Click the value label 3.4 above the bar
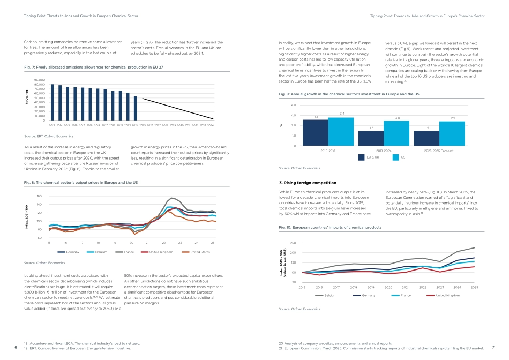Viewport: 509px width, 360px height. point(342,114)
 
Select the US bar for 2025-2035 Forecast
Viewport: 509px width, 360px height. point(452,133)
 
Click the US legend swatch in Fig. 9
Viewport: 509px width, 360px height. point(396,157)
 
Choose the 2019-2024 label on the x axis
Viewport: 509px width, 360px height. point(384,151)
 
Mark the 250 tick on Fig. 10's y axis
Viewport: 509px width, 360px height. point(293,243)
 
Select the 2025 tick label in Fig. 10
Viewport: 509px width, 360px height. point(474,288)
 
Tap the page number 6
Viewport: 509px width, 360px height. point(16,347)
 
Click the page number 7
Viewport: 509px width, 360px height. point(493,347)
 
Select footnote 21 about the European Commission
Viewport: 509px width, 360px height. point(381,348)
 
